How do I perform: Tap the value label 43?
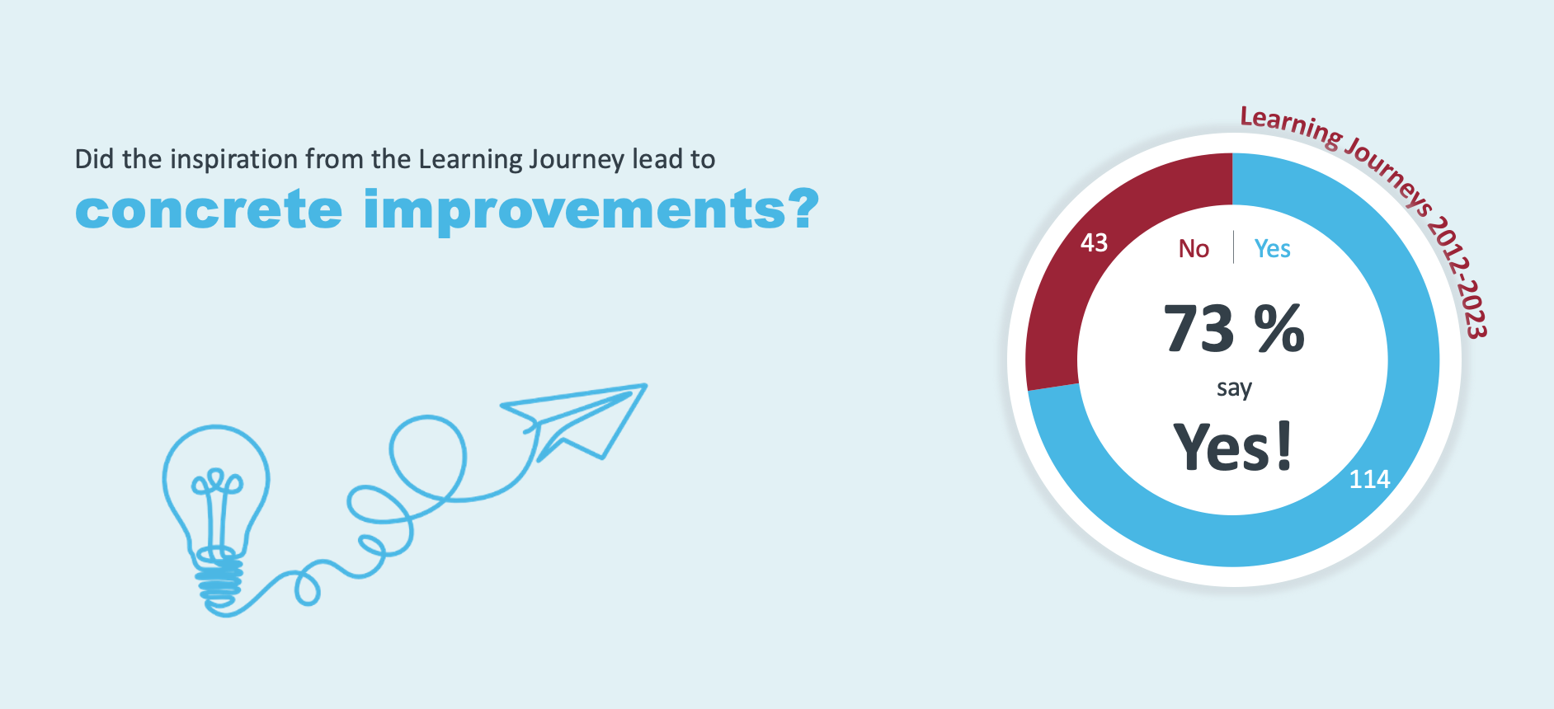coord(1094,242)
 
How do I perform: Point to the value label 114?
coord(1369,479)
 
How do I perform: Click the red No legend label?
coord(1194,248)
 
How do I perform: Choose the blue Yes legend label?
coord(1272,248)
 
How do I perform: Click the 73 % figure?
coord(1234,328)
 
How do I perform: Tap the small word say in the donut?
coord(1234,388)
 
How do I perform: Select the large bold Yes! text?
coord(1232,446)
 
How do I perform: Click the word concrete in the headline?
coord(209,209)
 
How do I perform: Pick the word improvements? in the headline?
coord(591,212)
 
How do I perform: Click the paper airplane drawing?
coord(574,420)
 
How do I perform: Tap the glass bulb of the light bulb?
coord(216,486)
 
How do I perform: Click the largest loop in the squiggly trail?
coord(428,458)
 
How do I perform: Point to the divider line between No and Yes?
coord(1233,247)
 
